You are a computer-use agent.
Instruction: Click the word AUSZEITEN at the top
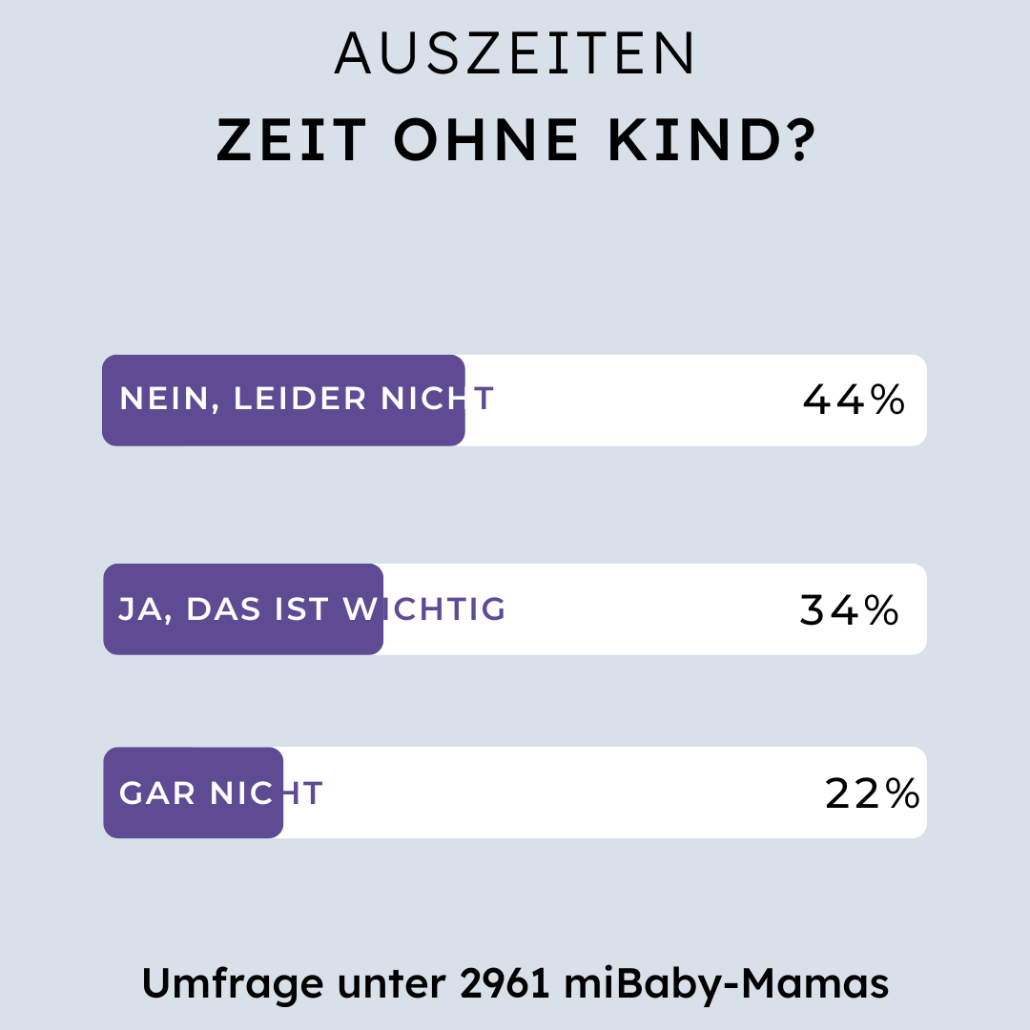pyautogui.click(x=515, y=54)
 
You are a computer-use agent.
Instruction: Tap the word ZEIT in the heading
pyautogui.click(x=292, y=141)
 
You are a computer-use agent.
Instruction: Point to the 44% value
pyautogui.click(x=854, y=401)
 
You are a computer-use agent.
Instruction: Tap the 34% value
pyautogui.click(x=850, y=610)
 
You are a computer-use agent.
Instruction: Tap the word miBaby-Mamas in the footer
pyautogui.click(x=726, y=984)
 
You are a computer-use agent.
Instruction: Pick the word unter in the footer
pyautogui.click(x=383, y=984)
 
